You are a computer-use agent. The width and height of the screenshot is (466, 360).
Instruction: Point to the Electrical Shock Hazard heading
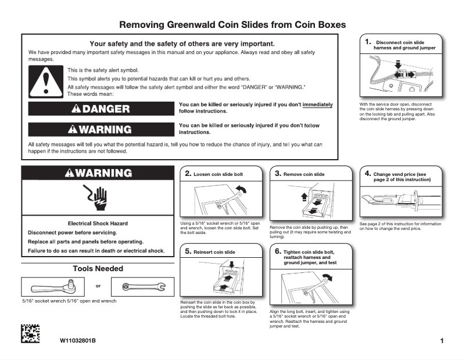pos(98,223)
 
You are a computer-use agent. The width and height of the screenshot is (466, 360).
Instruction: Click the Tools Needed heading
pos(98,269)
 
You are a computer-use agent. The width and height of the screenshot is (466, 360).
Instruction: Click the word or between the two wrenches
pos(98,286)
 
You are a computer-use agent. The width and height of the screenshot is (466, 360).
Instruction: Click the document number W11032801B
pos(77,340)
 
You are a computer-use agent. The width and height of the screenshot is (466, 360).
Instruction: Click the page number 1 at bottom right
pos(442,341)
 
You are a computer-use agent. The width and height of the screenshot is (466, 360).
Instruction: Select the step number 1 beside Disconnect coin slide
pos(368,42)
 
